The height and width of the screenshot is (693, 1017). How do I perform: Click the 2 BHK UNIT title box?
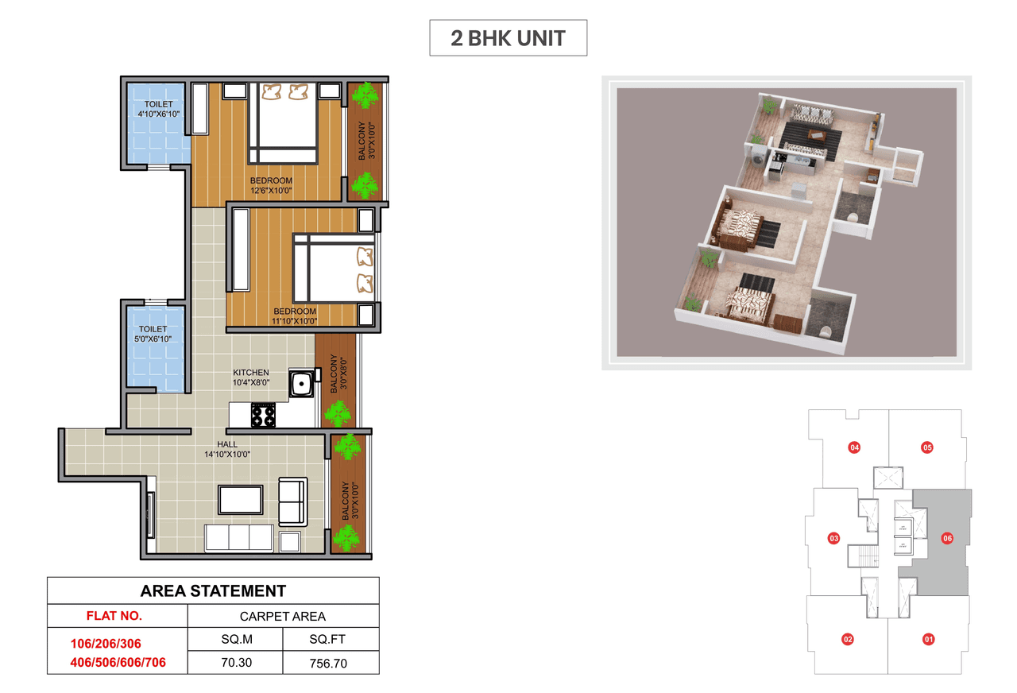pyautogui.click(x=508, y=38)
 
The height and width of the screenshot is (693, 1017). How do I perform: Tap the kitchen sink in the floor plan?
pyautogui.click(x=300, y=385)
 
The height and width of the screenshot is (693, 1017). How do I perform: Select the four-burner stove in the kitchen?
pyautogui.click(x=263, y=414)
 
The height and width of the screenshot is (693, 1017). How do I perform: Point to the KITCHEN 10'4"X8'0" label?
pyautogui.click(x=250, y=377)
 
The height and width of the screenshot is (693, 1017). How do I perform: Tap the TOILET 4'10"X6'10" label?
pyautogui.click(x=158, y=110)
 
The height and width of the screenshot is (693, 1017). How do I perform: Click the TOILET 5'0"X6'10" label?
pyautogui.click(x=153, y=334)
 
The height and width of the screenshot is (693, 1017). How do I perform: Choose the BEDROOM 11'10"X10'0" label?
pyautogui.click(x=295, y=316)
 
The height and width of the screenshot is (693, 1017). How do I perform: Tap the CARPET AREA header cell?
pyautogui.click(x=283, y=616)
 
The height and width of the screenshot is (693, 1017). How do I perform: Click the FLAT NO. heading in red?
pyautogui.click(x=114, y=616)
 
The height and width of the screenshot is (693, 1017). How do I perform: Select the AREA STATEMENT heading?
pyautogui.click(x=213, y=590)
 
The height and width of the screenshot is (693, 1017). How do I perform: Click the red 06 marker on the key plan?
pyautogui.click(x=947, y=538)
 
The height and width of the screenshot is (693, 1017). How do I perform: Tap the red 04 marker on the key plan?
pyautogui.click(x=854, y=447)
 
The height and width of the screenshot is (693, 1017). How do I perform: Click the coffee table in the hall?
pyautogui.click(x=240, y=500)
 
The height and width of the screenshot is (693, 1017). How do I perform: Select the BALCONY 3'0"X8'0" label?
pyautogui.click(x=333, y=374)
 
